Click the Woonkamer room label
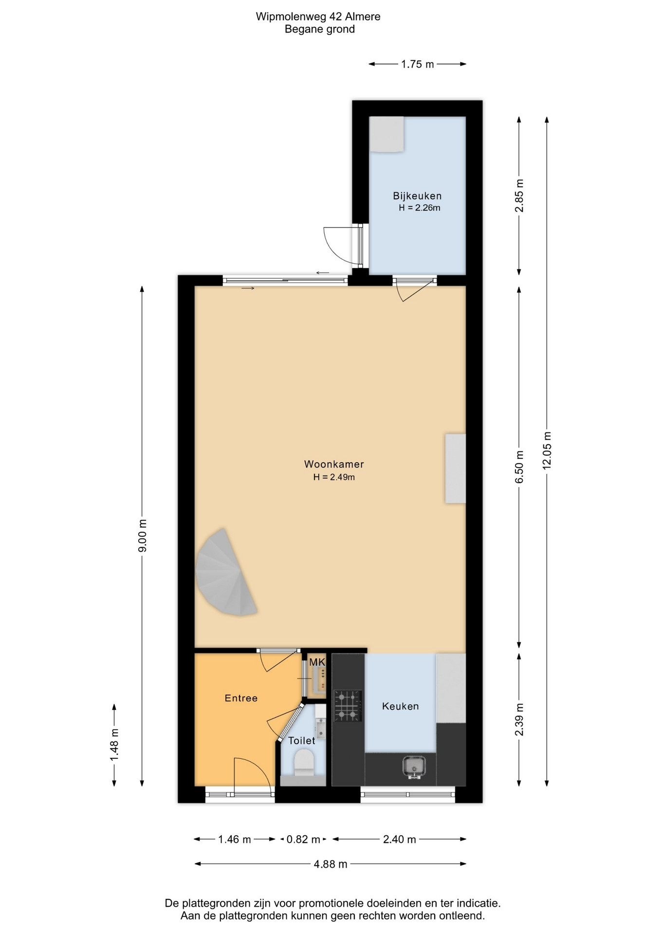click(334, 464)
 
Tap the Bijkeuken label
click(417, 196)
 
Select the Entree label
click(241, 698)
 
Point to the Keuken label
click(400, 706)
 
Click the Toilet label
click(301, 740)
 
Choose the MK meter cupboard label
click(317, 662)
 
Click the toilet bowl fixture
click(305, 761)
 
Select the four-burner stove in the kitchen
click(348, 705)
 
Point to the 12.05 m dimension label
click(547, 450)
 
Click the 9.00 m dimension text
click(142, 536)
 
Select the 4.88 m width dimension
click(330, 864)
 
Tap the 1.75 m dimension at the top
click(417, 64)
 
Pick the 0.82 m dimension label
click(303, 839)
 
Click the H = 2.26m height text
click(419, 208)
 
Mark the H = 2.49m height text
click(334, 477)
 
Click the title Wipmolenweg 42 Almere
click(318, 17)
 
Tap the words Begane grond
click(320, 29)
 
